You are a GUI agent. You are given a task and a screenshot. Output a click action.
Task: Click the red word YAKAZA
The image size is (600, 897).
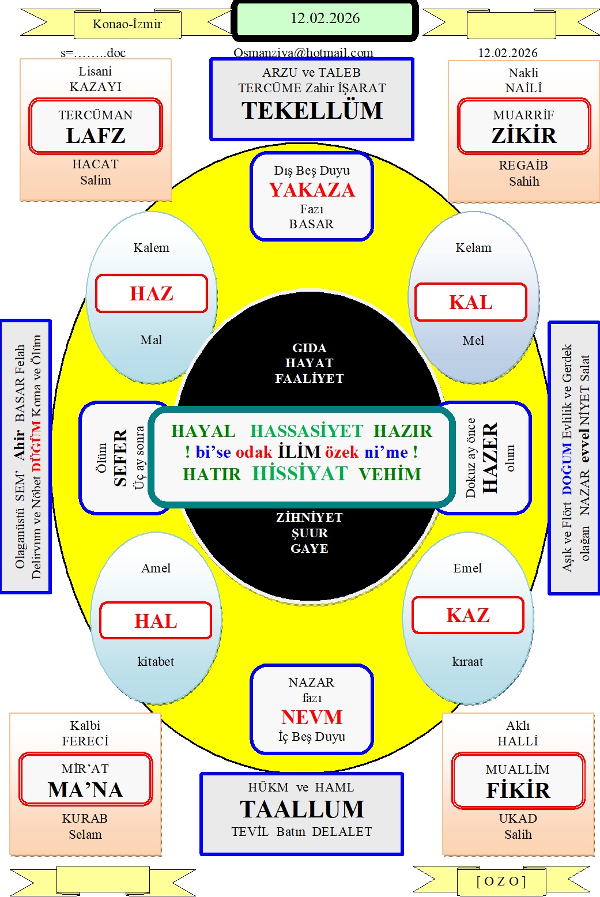(x=312, y=190)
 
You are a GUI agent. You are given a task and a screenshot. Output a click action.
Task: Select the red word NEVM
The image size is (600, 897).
(x=312, y=717)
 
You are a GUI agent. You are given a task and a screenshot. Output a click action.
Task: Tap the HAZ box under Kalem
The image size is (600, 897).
(x=152, y=294)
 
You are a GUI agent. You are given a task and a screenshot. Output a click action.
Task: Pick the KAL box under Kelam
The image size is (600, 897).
(x=471, y=303)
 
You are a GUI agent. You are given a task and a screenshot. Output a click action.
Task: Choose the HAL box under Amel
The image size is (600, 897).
(x=156, y=621)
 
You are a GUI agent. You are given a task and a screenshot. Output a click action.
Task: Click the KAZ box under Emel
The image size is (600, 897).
(x=468, y=616)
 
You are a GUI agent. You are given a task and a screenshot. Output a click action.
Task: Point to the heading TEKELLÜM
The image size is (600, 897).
(x=312, y=111)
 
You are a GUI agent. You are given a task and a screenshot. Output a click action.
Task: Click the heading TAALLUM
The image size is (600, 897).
(x=302, y=809)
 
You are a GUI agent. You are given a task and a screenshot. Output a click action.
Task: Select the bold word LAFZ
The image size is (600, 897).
(x=96, y=136)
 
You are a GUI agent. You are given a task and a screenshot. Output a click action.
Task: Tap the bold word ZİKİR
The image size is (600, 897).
(x=524, y=136)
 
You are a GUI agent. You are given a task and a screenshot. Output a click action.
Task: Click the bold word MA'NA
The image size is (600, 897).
(x=85, y=790)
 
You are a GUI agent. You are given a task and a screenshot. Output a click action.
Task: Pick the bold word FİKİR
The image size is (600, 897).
(x=518, y=790)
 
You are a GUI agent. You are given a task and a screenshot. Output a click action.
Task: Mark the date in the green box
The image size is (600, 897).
(x=325, y=18)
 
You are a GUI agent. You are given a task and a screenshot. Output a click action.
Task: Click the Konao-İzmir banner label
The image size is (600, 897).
(x=127, y=24)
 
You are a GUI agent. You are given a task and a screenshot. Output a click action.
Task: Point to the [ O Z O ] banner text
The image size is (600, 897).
(x=501, y=881)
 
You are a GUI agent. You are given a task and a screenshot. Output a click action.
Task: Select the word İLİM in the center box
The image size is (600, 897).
(x=299, y=452)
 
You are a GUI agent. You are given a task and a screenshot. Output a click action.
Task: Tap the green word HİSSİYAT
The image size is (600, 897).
(x=300, y=474)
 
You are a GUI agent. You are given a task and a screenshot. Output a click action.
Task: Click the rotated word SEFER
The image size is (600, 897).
(x=120, y=458)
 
